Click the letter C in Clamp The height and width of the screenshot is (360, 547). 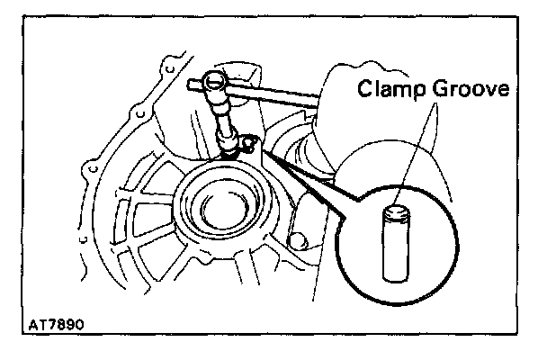tap(364, 90)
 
